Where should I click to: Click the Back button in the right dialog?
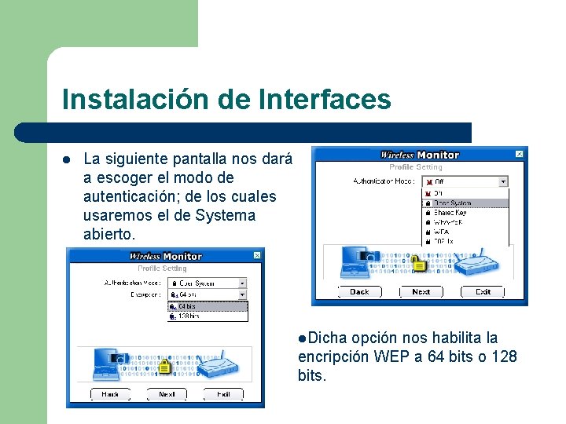pyautogui.click(x=359, y=291)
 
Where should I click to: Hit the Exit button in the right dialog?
pyautogui.click(x=483, y=291)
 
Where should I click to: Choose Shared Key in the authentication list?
pyautogui.click(x=451, y=213)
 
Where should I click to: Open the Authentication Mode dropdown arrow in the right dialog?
pyautogui.click(x=503, y=181)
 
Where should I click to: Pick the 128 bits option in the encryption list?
pyautogui.click(x=189, y=316)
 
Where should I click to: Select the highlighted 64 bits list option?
pyautogui.click(x=188, y=306)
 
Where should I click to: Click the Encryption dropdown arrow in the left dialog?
pyautogui.click(x=242, y=294)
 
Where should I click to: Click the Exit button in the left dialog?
pyautogui.click(x=223, y=393)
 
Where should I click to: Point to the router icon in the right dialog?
pyautogui.click(x=479, y=264)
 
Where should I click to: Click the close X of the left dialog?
pyautogui.click(x=256, y=256)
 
